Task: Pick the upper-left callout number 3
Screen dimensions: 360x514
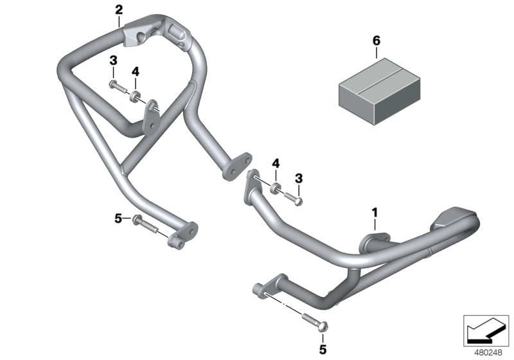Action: coord(112,60)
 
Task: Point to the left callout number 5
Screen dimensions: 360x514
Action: coord(118,219)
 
